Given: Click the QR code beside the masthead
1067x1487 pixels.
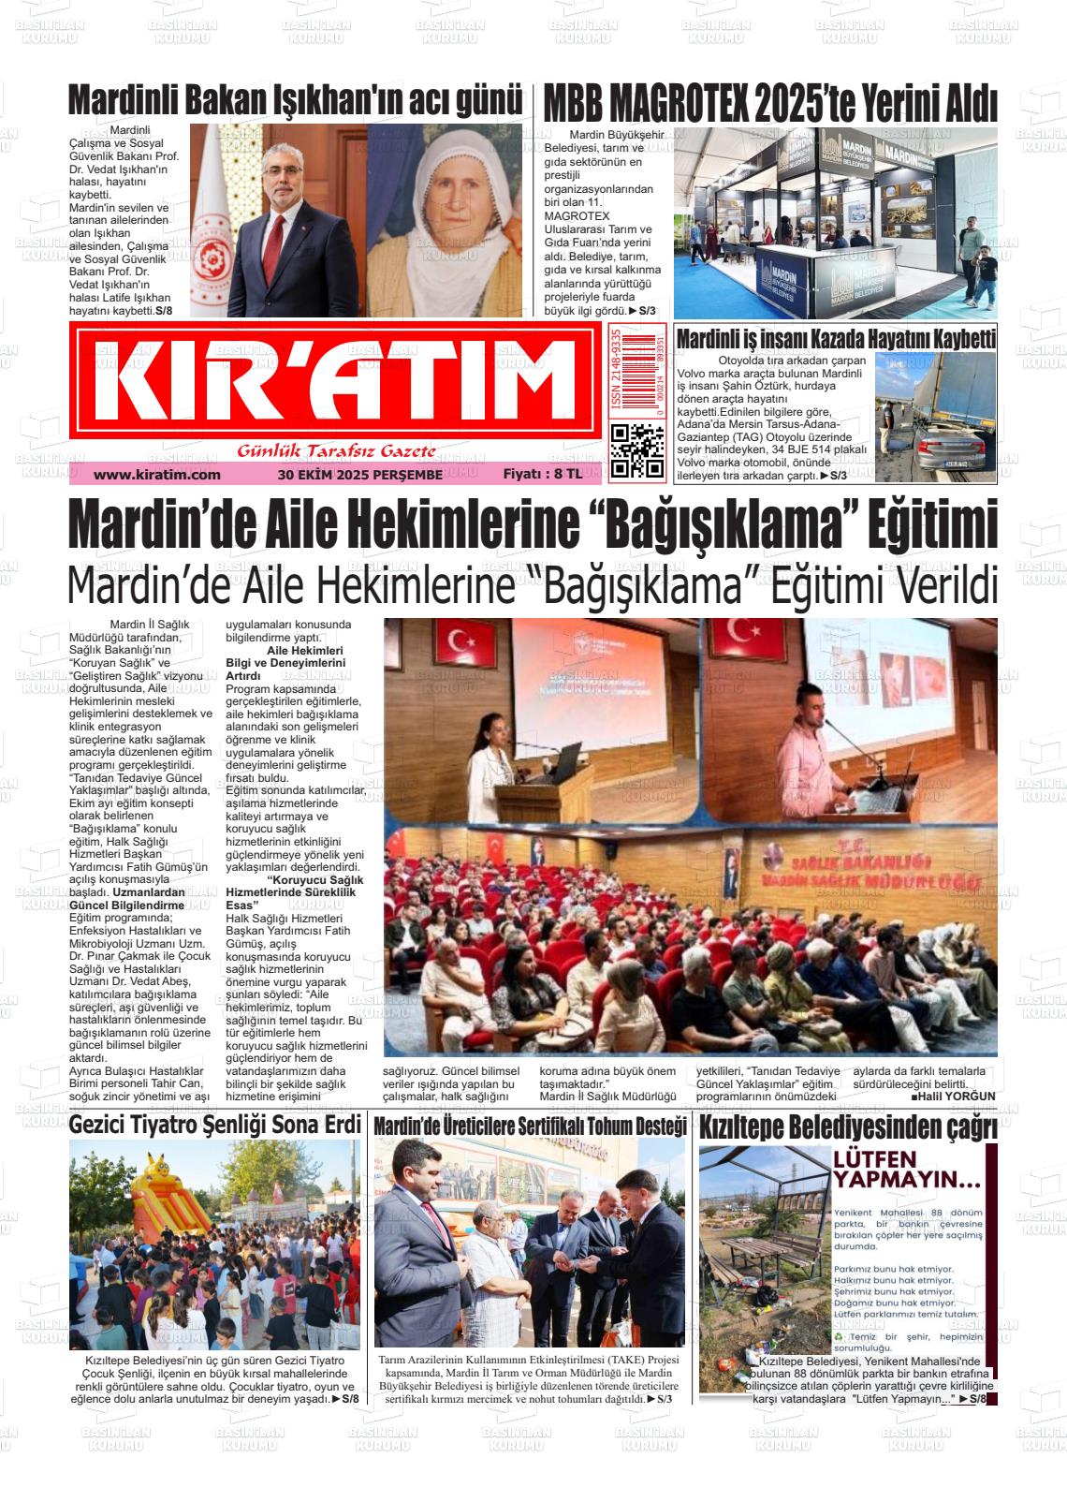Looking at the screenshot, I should (637, 451).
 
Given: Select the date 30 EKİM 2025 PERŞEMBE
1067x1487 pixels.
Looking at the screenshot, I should (359, 475).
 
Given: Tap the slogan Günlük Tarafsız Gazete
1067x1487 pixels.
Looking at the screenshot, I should (337, 452).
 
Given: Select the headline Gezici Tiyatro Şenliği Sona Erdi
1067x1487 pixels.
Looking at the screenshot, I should (214, 1125).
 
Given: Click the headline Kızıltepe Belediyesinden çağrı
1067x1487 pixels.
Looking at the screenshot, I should (847, 1126).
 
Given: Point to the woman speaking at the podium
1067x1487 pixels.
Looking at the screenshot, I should (494, 740).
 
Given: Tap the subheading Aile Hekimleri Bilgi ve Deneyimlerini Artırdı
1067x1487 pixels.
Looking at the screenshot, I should (285, 662).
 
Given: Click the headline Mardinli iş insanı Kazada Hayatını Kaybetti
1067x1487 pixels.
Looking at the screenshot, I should (835, 339).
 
